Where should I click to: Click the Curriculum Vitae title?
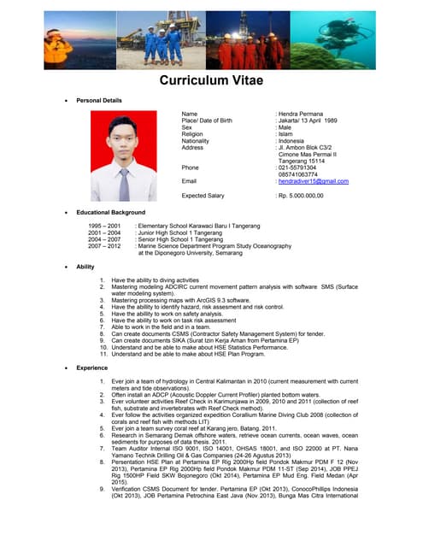(x=211, y=81)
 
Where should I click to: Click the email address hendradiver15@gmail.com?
(x=314, y=181)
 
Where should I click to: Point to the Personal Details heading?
(x=99, y=101)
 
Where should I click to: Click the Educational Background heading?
(x=110, y=212)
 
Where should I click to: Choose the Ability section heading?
(x=85, y=268)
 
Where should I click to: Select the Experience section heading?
(x=91, y=367)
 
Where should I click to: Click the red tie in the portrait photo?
(x=124, y=185)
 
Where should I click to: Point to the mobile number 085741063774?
(x=300, y=174)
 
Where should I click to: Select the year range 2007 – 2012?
(x=104, y=246)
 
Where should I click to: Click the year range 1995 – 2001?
(x=104, y=225)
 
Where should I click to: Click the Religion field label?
(x=193, y=134)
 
